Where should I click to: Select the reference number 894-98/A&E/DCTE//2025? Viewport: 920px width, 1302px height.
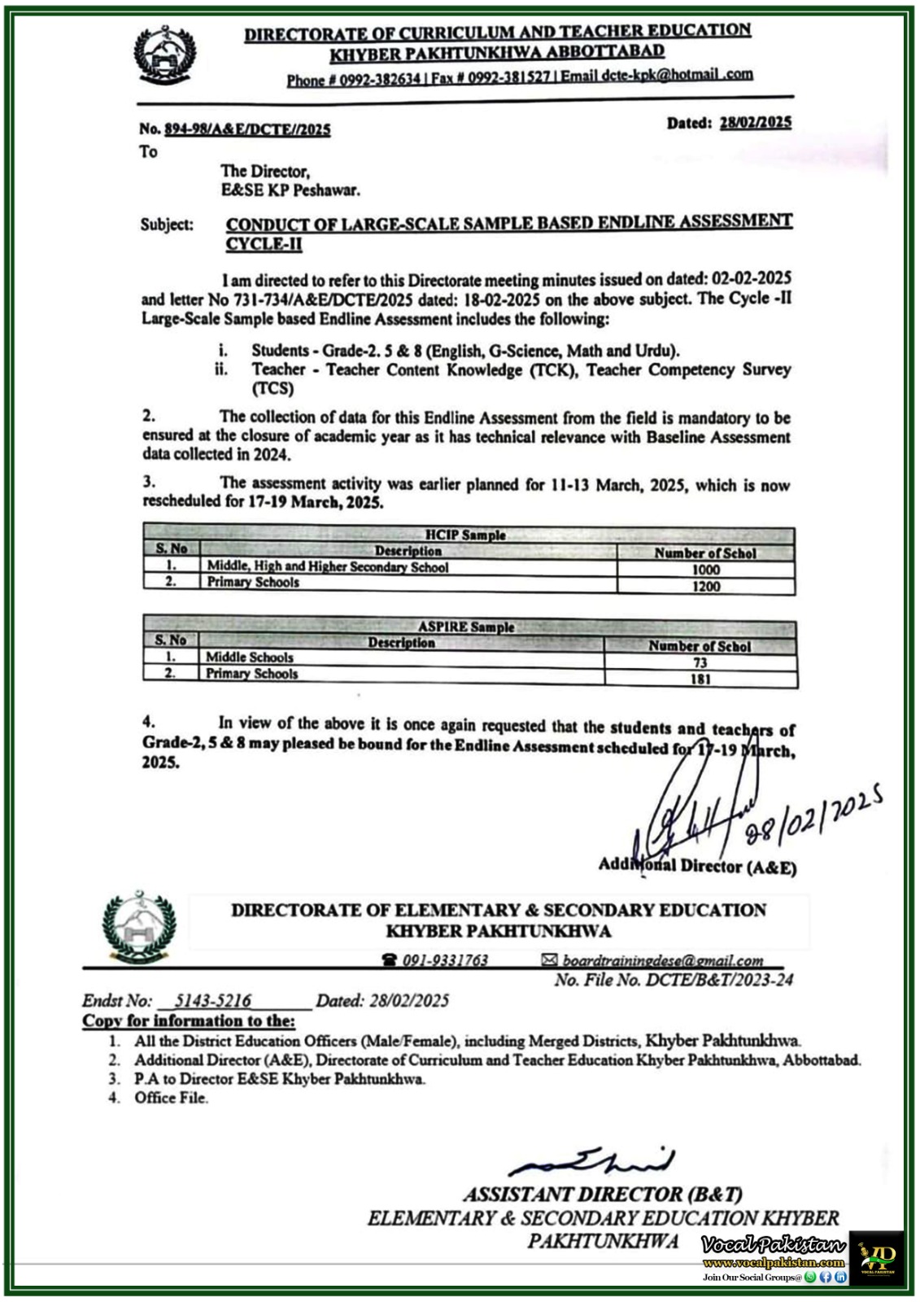(247, 129)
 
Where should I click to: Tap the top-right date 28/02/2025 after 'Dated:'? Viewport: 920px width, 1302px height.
(755, 122)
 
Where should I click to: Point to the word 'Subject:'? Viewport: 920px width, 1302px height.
(167, 225)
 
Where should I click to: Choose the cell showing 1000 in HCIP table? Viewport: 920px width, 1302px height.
(705, 570)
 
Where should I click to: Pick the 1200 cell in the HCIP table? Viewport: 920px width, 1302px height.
(705, 586)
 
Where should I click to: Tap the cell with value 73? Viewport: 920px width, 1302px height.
(700, 663)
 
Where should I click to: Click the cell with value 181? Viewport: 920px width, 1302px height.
(700, 679)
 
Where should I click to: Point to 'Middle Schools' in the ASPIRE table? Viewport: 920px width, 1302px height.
(250, 657)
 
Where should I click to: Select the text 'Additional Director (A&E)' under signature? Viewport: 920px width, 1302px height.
(697, 867)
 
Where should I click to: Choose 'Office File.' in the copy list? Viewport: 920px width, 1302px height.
(172, 1098)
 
